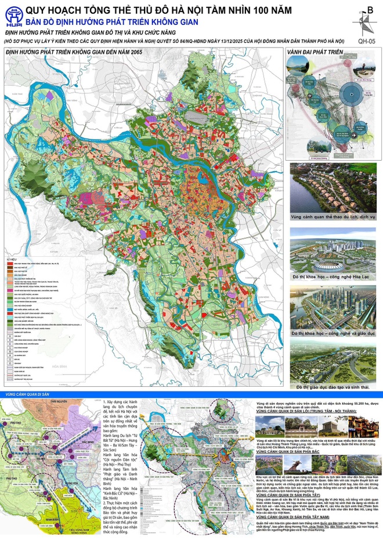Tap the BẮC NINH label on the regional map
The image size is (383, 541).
(x=88, y=441)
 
